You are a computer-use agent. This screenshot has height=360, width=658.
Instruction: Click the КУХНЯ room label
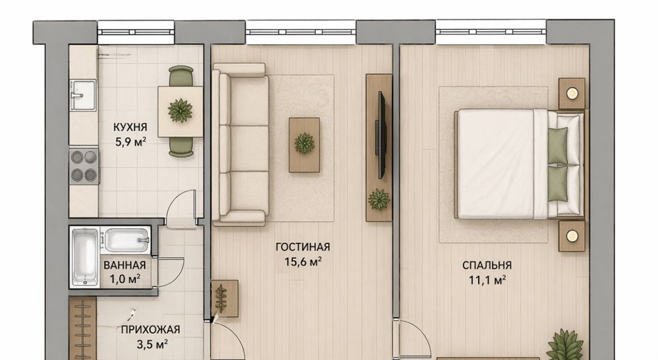[x=130, y=127]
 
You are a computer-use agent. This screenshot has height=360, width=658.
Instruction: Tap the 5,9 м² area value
[x=130, y=142]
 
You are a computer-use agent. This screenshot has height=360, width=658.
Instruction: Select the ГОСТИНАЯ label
[x=303, y=247]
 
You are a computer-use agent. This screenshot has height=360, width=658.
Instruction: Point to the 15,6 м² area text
[x=303, y=262]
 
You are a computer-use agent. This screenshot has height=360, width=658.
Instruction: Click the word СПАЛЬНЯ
[x=487, y=265]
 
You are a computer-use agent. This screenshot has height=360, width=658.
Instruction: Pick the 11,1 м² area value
[x=487, y=280]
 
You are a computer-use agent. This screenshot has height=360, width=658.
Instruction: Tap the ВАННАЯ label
[x=125, y=265]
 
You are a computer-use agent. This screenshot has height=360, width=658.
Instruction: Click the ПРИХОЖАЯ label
[x=150, y=330]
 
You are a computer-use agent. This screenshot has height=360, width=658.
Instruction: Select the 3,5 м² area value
[x=152, y=345]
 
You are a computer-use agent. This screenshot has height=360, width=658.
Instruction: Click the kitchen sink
[x=83, y=95]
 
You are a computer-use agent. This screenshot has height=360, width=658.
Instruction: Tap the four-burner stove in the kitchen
[x=84, y=166]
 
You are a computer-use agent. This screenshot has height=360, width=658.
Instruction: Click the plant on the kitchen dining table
[x=180, y=111]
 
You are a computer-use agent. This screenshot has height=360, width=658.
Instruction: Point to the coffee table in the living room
[x=304, y=145]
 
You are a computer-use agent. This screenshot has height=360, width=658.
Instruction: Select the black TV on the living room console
[x=382, y=135]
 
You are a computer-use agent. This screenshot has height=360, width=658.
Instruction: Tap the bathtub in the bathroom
[x=85, y=256]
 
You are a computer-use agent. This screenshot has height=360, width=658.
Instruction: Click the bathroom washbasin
[x=127, y=240]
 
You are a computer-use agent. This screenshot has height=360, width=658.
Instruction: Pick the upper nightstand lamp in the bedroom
[x=571, y=93]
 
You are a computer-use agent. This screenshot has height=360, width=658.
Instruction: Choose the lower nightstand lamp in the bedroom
[x=571, y=236]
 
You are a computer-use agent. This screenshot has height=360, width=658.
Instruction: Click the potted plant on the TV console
[x=379, y=199]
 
